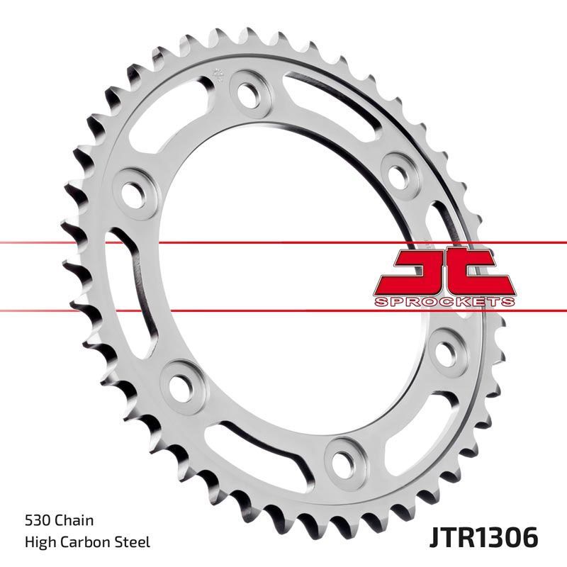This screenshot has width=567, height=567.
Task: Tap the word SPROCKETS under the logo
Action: [x=442, y=302]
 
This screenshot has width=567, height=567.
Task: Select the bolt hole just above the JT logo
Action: [x=398, y=171]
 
